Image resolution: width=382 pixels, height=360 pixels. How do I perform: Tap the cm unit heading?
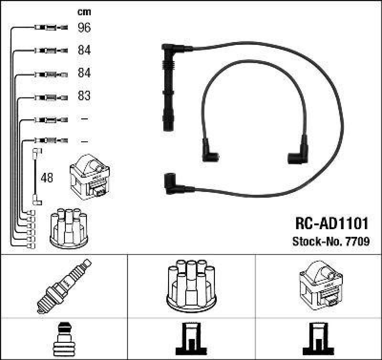click(84, 12)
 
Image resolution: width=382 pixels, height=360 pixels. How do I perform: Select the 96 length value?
click(84, 28)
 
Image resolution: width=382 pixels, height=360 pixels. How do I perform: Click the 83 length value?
click(84, 96)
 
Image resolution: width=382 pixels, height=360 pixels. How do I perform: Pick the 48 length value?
click(47, 178)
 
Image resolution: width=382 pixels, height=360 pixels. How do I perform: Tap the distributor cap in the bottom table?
click(191, 284)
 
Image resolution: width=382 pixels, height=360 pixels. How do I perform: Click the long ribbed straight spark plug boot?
click(168, 86)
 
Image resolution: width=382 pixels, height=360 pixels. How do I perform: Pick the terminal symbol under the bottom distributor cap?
click(191, 339)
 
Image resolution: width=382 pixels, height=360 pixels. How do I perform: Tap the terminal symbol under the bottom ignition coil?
click(319, 339)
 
